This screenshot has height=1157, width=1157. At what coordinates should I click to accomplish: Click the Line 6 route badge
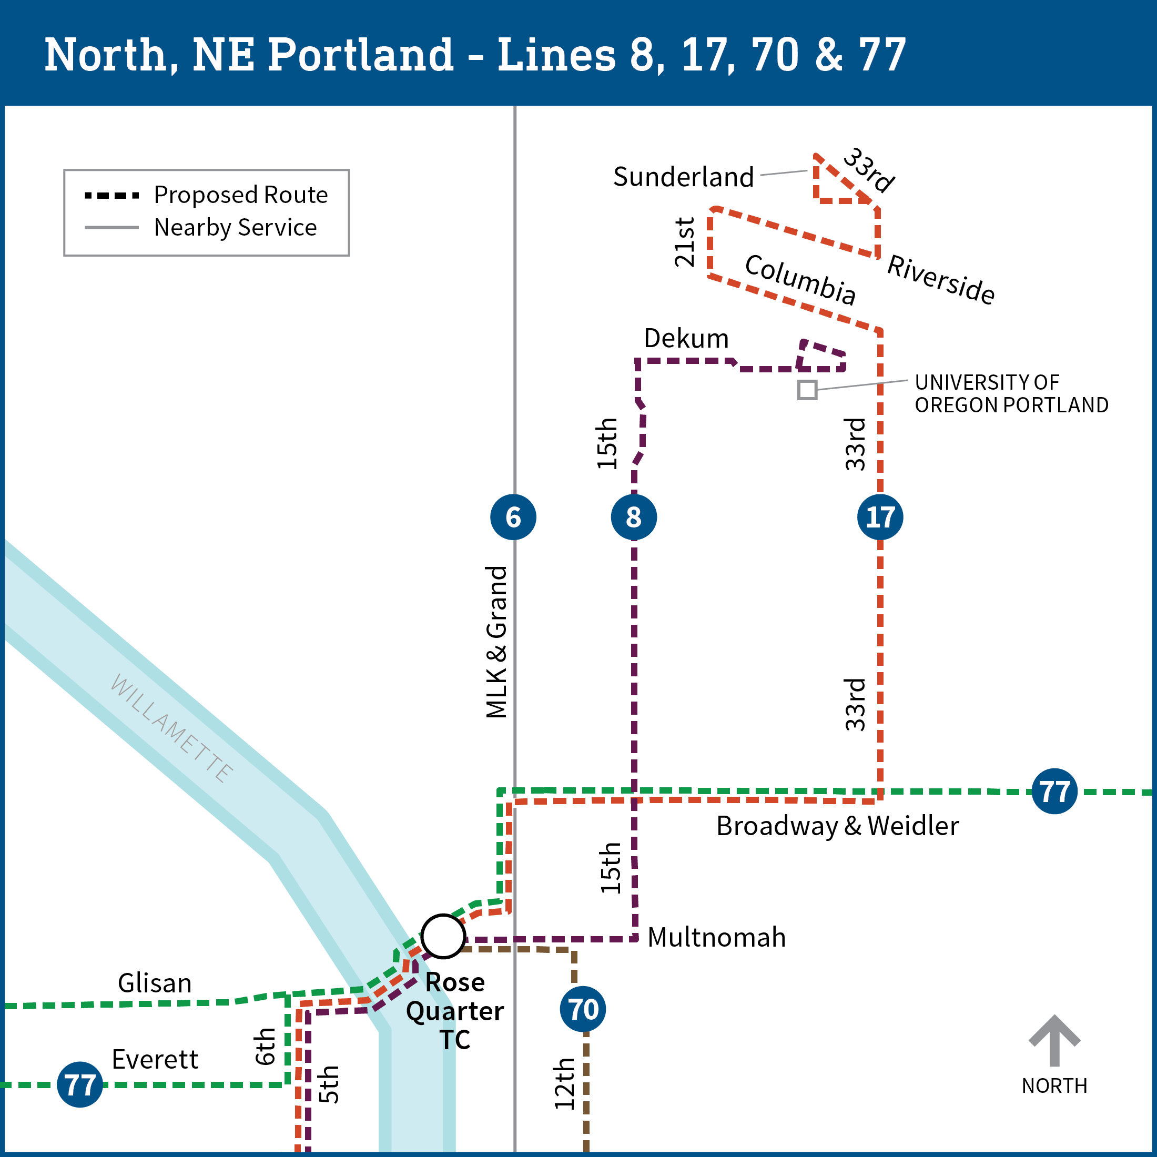513,517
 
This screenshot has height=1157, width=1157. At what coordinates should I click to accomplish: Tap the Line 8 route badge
634,517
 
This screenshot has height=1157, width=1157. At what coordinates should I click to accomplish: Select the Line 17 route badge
880,517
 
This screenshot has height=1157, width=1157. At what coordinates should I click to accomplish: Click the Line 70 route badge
583,1009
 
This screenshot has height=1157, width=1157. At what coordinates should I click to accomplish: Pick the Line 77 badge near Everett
79,1084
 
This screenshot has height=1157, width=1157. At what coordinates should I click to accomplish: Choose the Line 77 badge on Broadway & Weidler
1054,791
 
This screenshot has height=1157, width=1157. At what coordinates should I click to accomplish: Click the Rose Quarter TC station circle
443,936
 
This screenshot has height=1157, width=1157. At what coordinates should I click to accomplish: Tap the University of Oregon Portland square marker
807,390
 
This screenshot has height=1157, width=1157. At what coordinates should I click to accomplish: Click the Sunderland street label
683,177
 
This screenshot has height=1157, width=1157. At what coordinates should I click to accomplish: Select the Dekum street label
686,339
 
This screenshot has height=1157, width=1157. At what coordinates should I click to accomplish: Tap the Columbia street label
800,279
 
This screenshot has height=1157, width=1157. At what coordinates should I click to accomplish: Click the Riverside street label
941,279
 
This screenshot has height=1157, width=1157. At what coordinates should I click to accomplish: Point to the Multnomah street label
717,938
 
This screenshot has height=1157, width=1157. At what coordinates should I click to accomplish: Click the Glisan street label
155,983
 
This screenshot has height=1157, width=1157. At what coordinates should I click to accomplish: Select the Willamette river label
171,728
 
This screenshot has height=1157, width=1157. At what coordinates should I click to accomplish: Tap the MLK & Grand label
497,642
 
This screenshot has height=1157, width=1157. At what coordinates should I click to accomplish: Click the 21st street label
685,242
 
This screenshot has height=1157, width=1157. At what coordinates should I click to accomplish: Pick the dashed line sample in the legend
112,196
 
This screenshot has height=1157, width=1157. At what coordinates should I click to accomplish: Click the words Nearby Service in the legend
236,228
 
